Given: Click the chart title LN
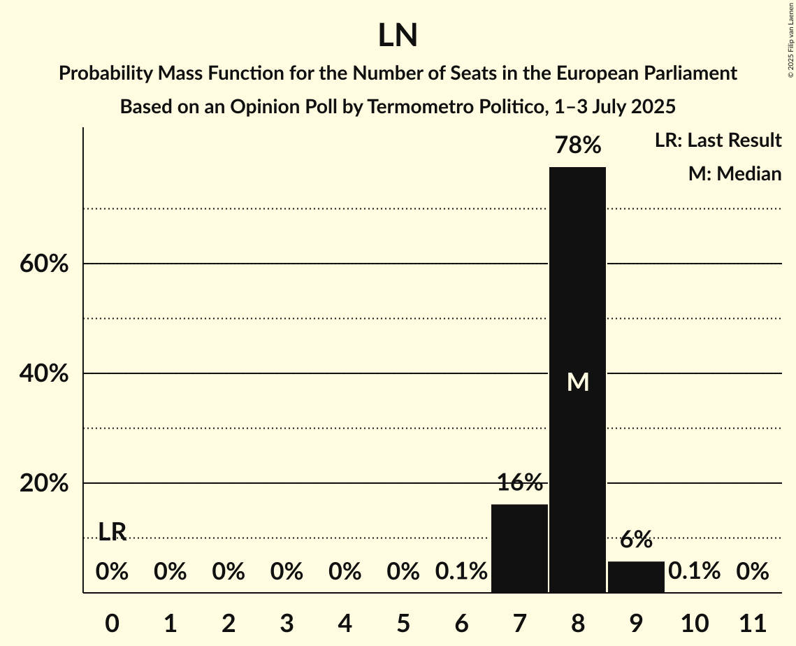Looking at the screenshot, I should (x=398, y=36).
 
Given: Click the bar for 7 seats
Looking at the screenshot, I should (x=519, y=548).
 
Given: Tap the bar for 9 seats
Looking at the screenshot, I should (x=636, y=577).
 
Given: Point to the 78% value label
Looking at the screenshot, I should (x=577, y=145).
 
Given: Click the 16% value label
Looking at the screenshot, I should (x=519, y=482).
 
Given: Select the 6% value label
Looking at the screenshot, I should (x=636, y=539).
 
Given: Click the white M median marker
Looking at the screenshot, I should (x=578, y=382).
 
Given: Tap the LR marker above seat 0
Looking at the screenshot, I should (x=112, y=532).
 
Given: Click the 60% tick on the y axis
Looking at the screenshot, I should (x=44, y=264).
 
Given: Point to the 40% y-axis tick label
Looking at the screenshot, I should (x=44, y=374).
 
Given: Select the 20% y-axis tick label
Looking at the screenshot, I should (x=44, y=484).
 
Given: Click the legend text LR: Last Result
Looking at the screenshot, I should (x=718, y=141).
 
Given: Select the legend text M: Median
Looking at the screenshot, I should (x=735, y=173).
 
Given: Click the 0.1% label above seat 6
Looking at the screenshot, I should (x=461, y=572).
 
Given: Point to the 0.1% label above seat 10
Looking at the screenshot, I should (x=694, y=572).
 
